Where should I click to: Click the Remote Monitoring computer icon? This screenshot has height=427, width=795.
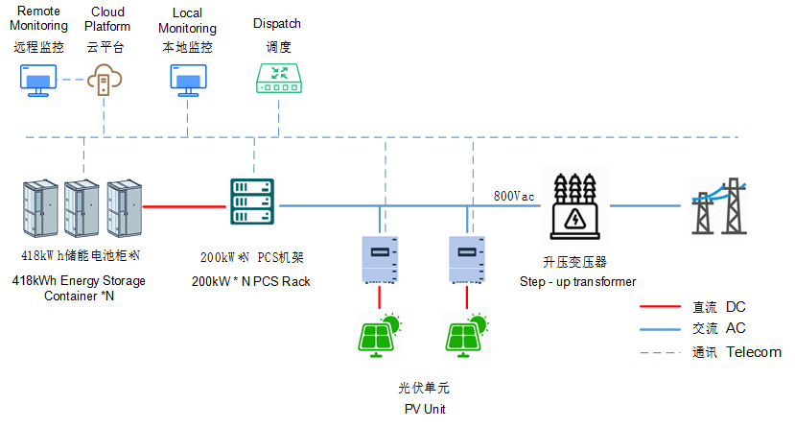tap(39, 81)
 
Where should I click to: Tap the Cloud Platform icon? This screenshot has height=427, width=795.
tap(105, 81)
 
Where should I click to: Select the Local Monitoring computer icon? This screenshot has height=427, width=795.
tap(187, 81)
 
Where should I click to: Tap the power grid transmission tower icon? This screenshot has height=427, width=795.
tap(718, 205)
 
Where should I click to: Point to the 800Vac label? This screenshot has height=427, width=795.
tap(514, 195)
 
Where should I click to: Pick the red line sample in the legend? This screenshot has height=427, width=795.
tap(661, 307)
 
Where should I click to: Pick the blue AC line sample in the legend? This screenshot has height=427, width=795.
tap(661, 329)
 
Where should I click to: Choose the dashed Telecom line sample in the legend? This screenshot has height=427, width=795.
tap(661, 351)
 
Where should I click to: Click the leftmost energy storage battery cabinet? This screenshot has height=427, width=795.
tap(41, 209)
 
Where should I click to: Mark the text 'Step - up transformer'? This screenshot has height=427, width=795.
tap(577, 281)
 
